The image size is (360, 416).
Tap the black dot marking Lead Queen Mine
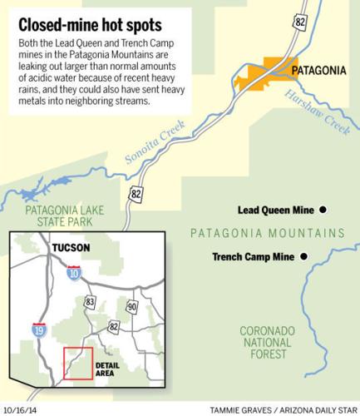323,210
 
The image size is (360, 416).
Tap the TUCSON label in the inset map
70,249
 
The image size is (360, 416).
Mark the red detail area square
78,364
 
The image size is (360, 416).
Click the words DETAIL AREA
109,369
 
